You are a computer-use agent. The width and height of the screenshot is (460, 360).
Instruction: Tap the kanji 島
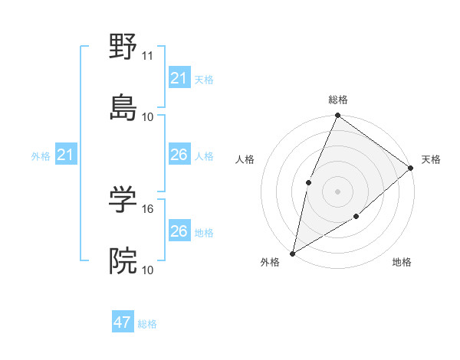click(123, 106)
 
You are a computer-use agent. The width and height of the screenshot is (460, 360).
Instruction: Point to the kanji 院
click(123, 260)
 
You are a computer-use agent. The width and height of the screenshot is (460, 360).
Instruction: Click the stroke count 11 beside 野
click(148, 56)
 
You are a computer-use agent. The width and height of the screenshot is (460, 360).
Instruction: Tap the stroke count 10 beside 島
click(148, 116)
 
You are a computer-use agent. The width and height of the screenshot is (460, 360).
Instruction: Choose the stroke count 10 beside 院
click(148, 270)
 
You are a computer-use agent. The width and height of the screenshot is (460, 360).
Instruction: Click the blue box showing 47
click(123, 322)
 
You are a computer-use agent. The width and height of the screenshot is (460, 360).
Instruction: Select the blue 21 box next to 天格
click(179, 78)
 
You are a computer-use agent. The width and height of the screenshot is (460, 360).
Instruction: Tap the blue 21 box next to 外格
click(65, 155)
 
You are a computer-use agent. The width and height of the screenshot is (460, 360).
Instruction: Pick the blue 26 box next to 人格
click(179, 155)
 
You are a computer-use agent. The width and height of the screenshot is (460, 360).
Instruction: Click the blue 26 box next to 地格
click(179, 231)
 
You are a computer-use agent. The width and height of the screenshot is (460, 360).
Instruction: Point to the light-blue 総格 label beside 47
click(147, 324)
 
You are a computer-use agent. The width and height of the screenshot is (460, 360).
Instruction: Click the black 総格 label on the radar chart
click(338, 100)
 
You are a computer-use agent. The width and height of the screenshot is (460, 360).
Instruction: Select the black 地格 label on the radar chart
click(402, 262)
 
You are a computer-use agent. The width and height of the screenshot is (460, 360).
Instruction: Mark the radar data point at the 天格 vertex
click(411, 168)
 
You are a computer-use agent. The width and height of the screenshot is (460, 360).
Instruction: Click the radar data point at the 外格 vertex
click(292, 253)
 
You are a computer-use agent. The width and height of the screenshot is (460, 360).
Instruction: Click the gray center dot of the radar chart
click(337, 191)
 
